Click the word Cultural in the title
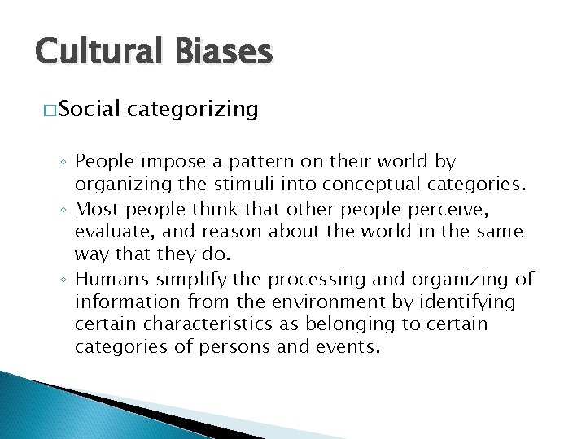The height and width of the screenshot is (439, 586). point(90,52)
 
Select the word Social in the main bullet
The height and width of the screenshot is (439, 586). point(90,108)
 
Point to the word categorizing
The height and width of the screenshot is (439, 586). point(193,108)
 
